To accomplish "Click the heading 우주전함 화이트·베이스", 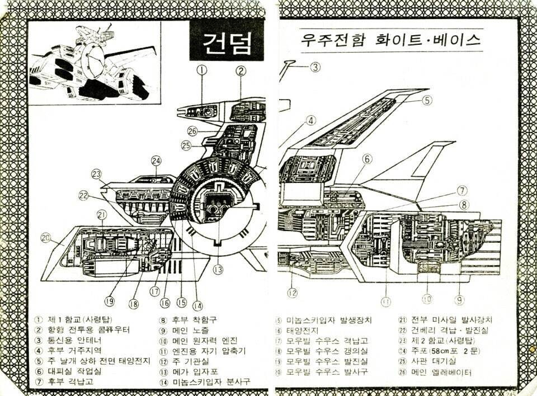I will [390, 40].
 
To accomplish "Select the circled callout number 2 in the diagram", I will [241, 70].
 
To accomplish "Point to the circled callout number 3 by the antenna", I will [315, 67].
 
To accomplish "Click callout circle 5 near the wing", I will [427, 101].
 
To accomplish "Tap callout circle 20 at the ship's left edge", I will [46, 237].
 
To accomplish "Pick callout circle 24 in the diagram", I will [156, 161].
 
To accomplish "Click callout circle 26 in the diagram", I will [193, 131].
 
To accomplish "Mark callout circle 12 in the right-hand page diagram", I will [292, 291].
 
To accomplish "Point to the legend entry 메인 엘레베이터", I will [442, 372].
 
